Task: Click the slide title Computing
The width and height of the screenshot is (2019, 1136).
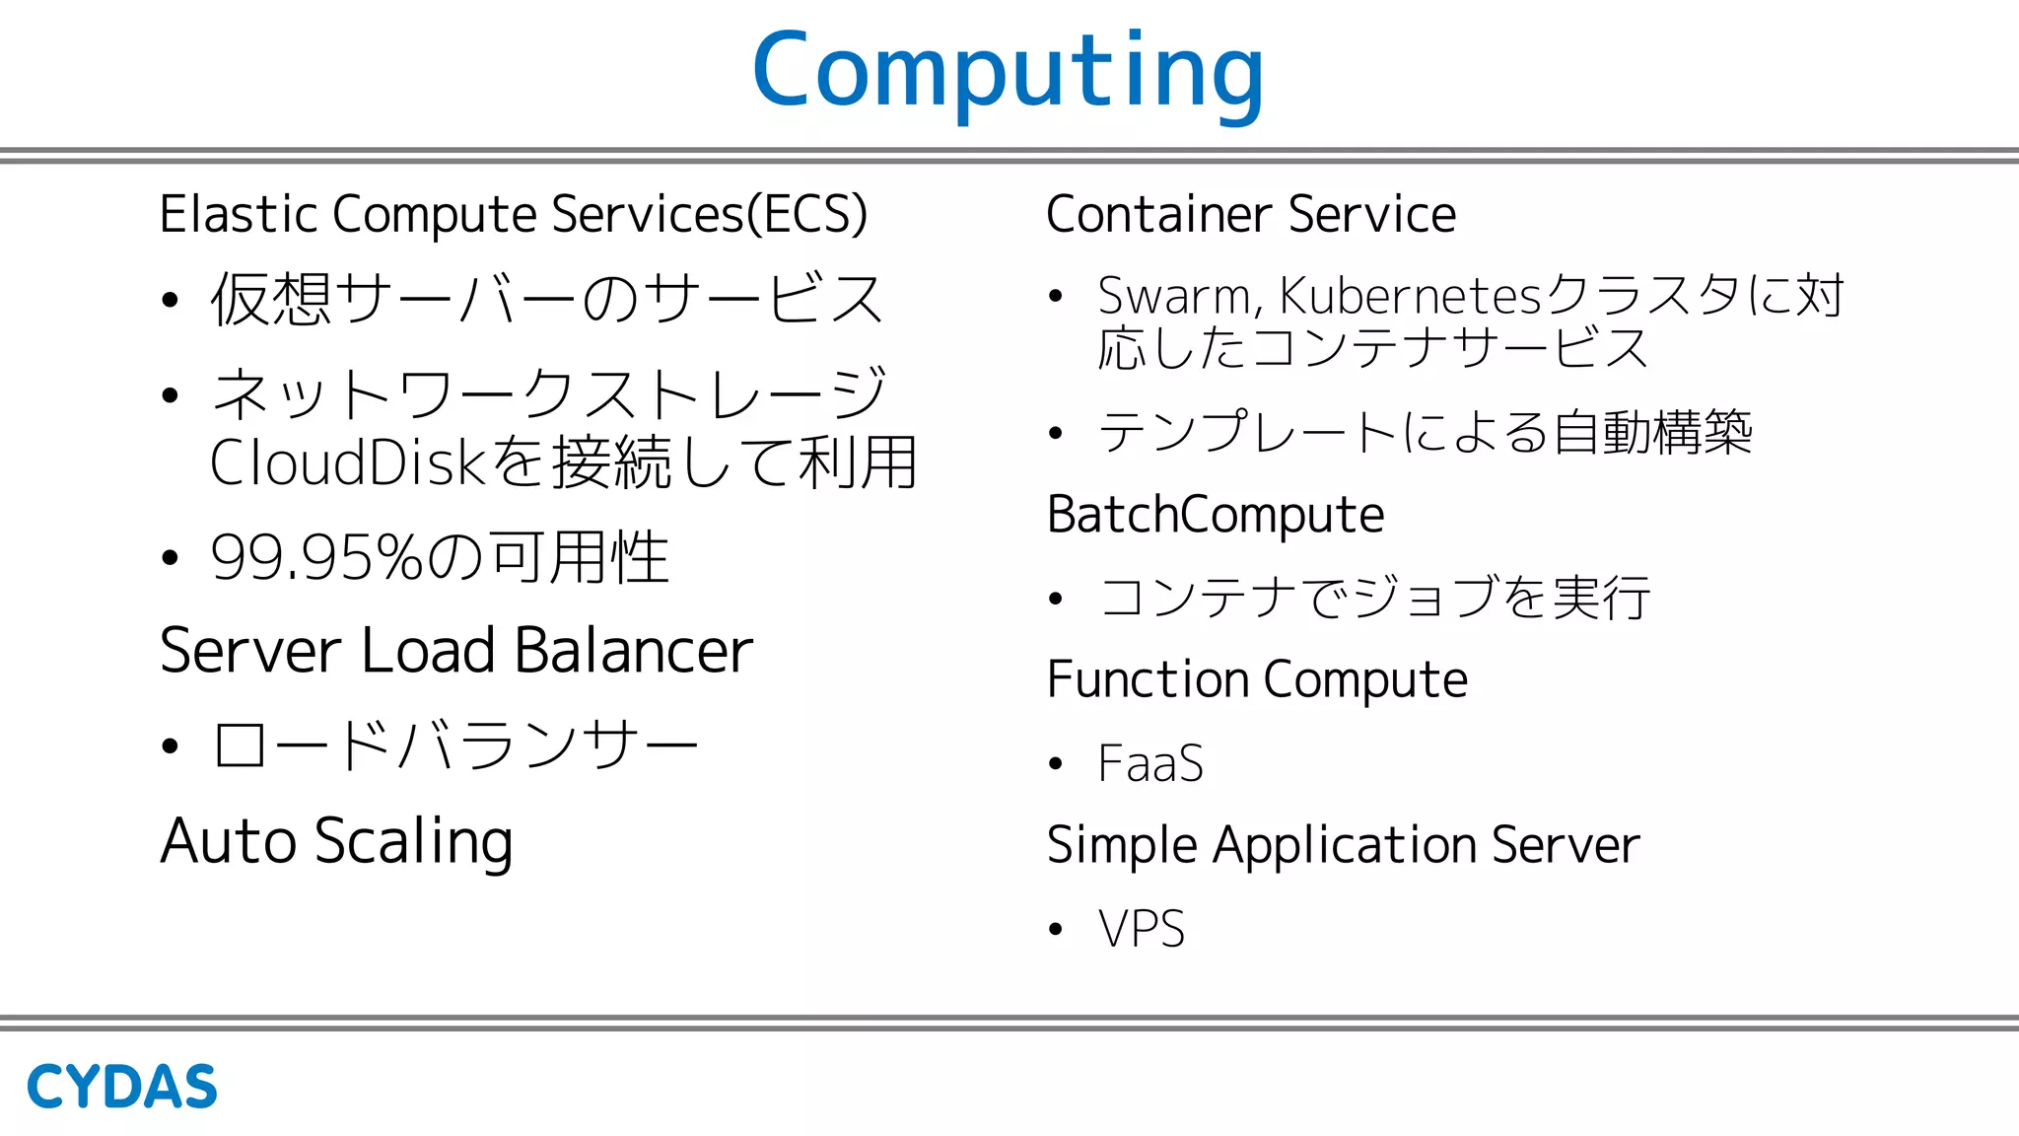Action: coord(1008,71)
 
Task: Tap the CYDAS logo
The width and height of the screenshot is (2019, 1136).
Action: coord(121,1087)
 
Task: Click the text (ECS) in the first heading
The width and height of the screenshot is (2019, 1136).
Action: coord(807,214)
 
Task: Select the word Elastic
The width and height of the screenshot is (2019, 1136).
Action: coord(238,214)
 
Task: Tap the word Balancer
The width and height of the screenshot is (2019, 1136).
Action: coord(633,651)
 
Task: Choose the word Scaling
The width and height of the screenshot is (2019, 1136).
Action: coord(413,842)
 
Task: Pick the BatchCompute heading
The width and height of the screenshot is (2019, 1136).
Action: coord(1216,515)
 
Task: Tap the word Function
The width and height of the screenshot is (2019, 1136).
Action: coord(1148,679)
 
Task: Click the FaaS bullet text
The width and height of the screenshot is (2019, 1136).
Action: coord(1150,763)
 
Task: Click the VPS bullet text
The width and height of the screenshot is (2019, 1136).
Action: coord(1142,929)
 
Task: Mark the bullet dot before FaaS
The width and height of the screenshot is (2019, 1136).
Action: coord(1056,764)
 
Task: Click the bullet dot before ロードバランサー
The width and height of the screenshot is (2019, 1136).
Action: coord(170,745)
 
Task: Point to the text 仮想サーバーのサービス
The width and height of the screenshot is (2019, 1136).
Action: coord(547,299)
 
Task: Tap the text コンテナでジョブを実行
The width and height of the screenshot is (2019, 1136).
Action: coord(1374,598)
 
